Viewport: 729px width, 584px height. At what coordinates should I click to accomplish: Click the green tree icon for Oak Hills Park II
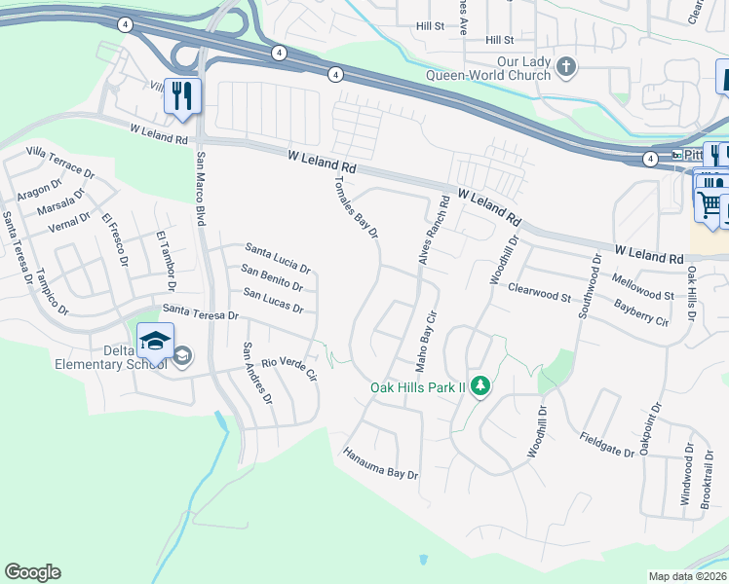[480, 387]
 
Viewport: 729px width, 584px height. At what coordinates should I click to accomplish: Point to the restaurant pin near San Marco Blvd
[181, 96]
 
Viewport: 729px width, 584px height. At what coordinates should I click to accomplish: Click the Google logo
[32, 572]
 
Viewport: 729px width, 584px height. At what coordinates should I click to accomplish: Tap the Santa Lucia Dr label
[278, 257]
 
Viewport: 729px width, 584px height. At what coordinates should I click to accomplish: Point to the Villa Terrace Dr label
[60, 162]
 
